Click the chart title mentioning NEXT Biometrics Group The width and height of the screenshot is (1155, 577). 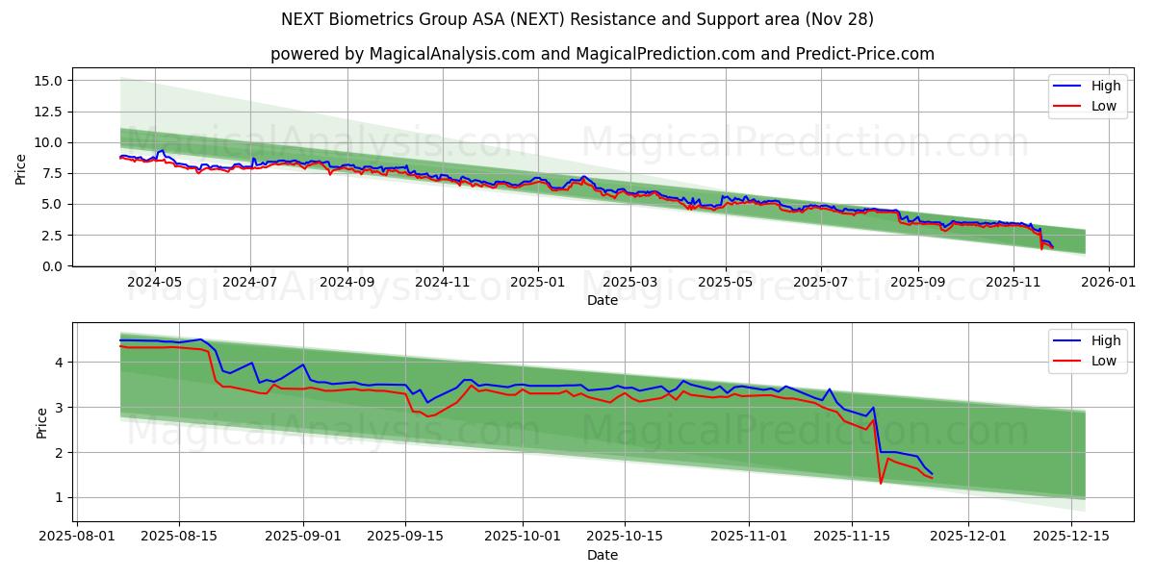[x=577, y=19]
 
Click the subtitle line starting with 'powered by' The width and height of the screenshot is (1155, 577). [x=602, y=54]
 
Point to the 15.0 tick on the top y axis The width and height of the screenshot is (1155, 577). [x=48, y=81]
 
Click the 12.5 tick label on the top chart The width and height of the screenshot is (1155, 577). [x=48, y=112]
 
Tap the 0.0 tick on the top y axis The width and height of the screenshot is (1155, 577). [x=52, y=266]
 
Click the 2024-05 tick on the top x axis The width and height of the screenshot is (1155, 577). [x=155, y=284]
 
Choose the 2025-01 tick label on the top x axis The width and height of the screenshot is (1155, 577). [x=537, y=284]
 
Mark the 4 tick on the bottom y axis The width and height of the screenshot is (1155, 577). [x=58, y=363]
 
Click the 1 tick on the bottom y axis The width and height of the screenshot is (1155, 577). [x=58, y=498]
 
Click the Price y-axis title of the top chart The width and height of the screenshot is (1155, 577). [x=21, y=169]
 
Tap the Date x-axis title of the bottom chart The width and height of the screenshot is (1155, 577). [x=602, y=555]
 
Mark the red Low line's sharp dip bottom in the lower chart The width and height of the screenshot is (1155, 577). [x=881, y=483]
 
